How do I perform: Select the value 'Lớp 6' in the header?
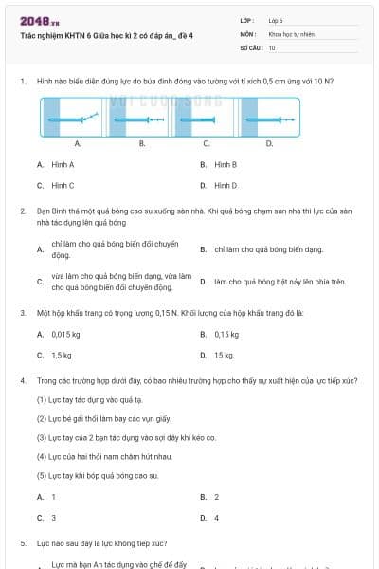pyautogui.click(x=276, y=19)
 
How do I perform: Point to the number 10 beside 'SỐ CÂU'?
pyautogui.click(x=272, y=46)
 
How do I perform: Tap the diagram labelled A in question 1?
pyautogui.click(x=77, y=119)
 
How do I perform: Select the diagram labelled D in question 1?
pyautogui.click(x=268, y=119)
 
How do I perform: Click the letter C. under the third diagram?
pyautogui.click(x=206, y=143)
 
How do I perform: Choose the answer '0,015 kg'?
pyautogui.click(x=65, y=334)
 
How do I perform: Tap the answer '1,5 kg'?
pyautogui.click(x=62, y=355)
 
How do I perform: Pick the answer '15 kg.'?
pyautogui.click(x=224, y=355)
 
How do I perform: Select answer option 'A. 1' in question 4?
pyautogui.click(x=46, y=497)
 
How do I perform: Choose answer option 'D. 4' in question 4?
pyautogui.click(x=209, y=518)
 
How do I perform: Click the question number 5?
pyautogui.click(x=22, y=543)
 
